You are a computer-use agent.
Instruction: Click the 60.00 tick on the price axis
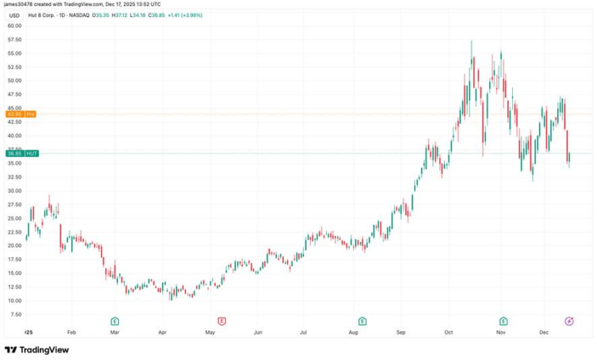pos(15,25)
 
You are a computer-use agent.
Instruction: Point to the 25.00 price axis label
pos(15,218)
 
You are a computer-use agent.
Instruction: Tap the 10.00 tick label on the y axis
pos(15,301)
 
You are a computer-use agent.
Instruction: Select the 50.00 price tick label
pos(15,80)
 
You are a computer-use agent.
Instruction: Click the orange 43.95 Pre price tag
pos(20,114)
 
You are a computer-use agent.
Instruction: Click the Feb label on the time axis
pos(71,333)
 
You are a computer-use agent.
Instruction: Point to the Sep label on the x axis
pos(401,333)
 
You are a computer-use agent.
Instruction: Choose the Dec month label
pos(544,333)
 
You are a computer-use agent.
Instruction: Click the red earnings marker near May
pos(221,321)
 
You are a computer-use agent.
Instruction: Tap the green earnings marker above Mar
pos(114,321)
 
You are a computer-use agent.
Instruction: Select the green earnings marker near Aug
pos(361,321)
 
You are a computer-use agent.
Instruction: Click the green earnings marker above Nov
pos(503,321)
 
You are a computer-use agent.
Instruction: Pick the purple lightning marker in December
pos(569,321)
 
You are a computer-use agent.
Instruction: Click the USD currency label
pos(14,15)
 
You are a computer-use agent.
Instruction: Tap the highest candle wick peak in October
pos(471,41)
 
